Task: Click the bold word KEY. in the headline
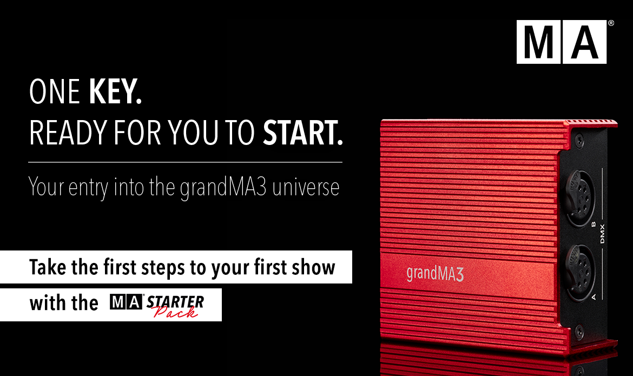click(x=115, y=91)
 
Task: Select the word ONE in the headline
click(x=55, y=91)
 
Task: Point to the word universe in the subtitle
click(x=306, y=187)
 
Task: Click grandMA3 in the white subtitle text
click(x=223, y=188)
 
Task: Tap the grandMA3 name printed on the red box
click(x=435, y=274)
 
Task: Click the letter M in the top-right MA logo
click(x=538, y=42)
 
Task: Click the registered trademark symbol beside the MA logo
click(x=611, y=23)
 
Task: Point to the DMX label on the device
click(x=602, y=234)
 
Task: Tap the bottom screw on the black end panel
click(x=579, y=332)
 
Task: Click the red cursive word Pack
click(x=176, y=312)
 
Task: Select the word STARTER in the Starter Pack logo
click(x=175, y=302)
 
